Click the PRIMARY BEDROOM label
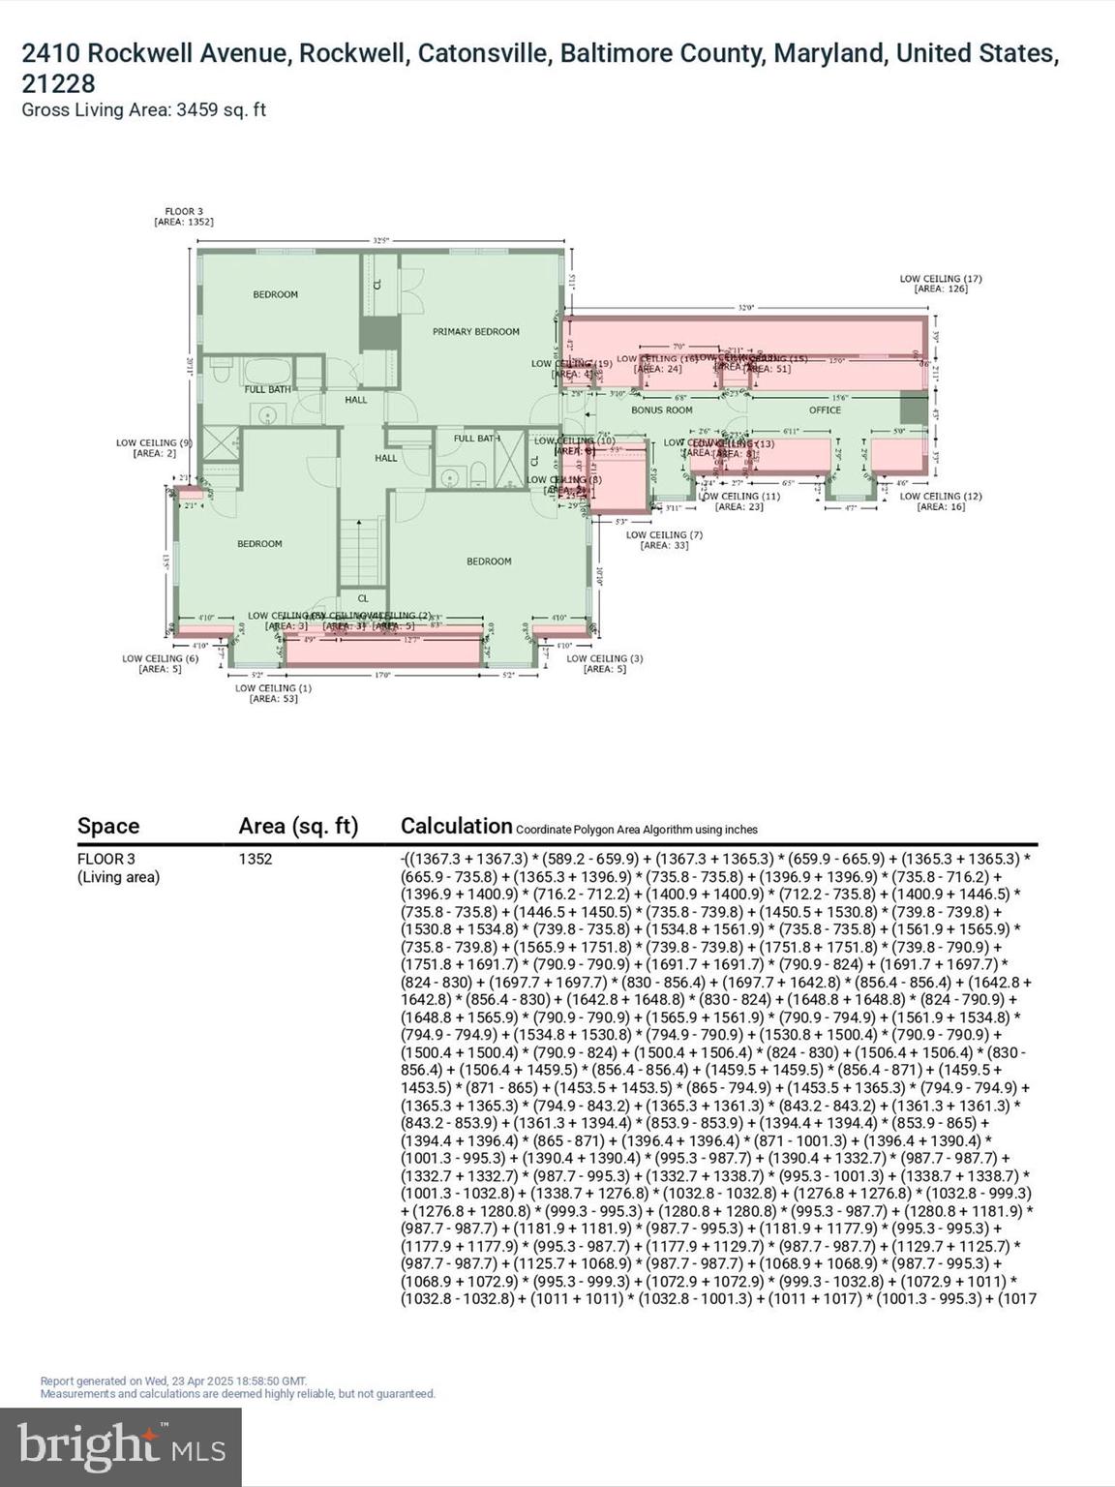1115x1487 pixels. coord(475,332)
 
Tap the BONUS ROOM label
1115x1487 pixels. coord(661,410)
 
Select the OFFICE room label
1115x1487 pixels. coord(825,410)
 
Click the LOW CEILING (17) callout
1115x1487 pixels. coord(941,284)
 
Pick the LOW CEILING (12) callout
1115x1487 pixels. coord(941,501)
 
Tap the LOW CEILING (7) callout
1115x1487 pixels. coord(664,539)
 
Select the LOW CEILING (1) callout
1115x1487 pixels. coord(273,693)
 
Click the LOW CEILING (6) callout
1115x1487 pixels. coord(160,663)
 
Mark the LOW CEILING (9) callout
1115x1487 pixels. coord(154,447)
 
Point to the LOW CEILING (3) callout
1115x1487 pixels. coord(604,663)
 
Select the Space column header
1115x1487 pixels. coord(108,826)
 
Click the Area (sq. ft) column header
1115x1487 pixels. coord(298,826)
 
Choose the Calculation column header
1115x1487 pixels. coord(456,826)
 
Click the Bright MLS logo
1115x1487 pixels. coord(121,1447)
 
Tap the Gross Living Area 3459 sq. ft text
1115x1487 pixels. coord(143,110)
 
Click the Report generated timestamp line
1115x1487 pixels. coord(173,1381)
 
